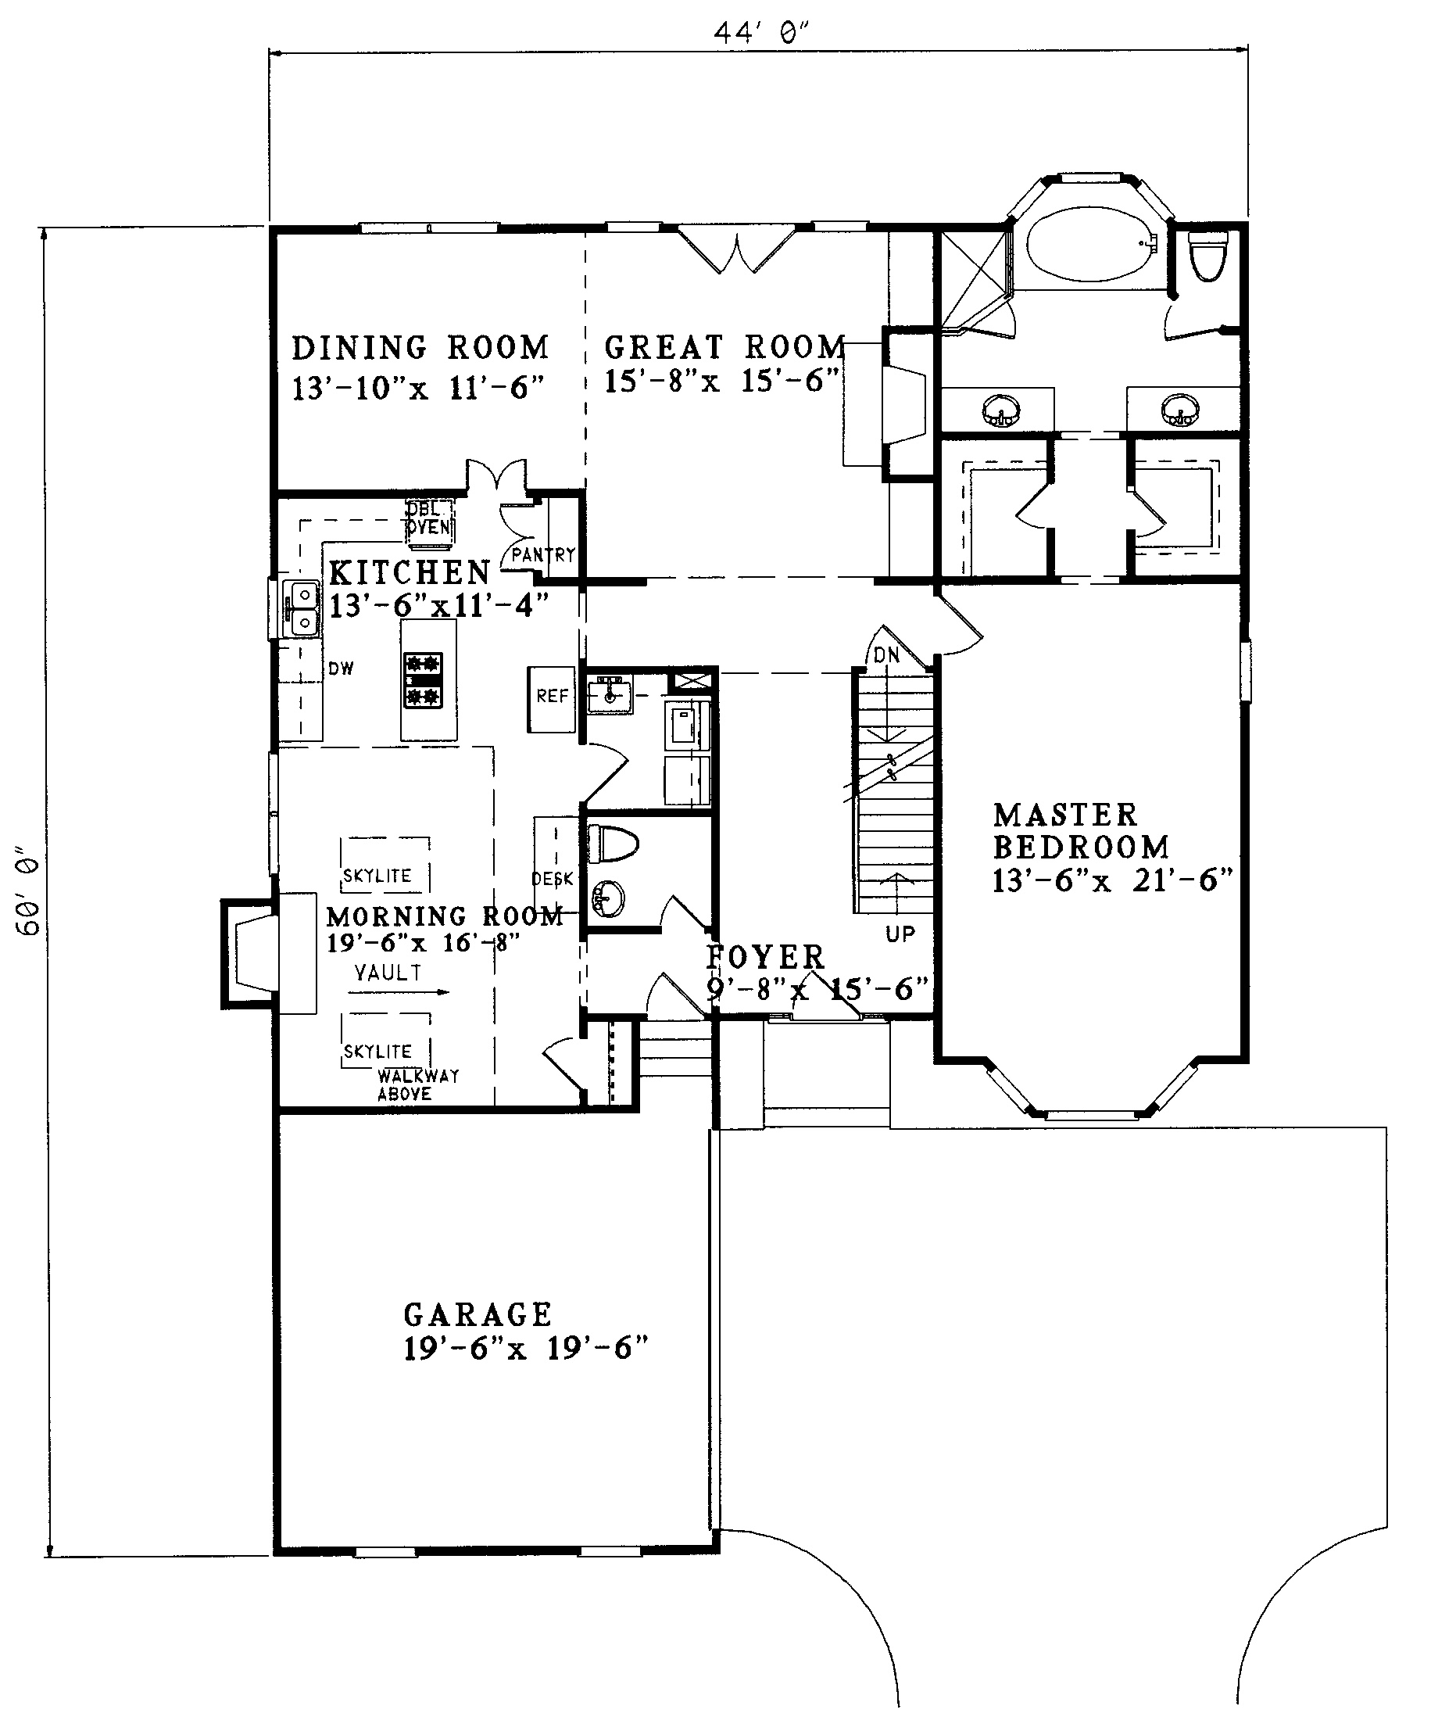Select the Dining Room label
pyautogui.click(x=420, y=348)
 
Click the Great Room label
pyautogui.click(x=725, y=347)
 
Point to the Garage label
pyautogui.click(x=478, y=1314)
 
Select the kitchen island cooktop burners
pyautogui.click(x=423, y=680)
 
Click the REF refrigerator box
pyautogui.click(x=551, y=699)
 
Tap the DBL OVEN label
pyautogui.click(x=429, y=518)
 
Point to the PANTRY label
pyautogui.click(x=542, y=555)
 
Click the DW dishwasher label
pyautogui.click(x=341, y=668)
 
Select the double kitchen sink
pyautogui.click(x=300, y=608)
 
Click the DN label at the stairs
pyautogui.click(x=886, y=654)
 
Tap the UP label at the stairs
pyautogui.click(x=900, y=934)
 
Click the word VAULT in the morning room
pyautogui.click(x=388, y=973)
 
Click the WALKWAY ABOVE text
pyautogui.click(x=417, y=1085)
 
